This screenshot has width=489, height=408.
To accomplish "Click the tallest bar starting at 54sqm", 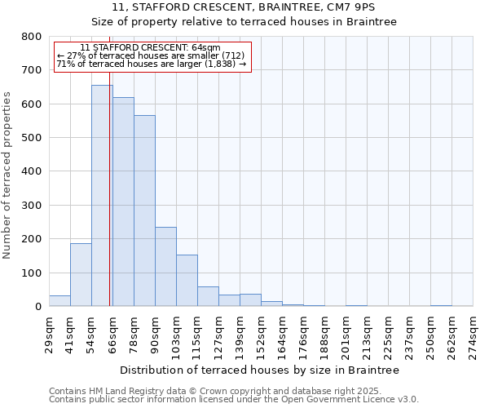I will pos(102,196).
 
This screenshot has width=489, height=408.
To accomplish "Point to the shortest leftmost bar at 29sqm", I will pos(59,300).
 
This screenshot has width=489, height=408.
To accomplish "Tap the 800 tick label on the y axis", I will pos(32,37).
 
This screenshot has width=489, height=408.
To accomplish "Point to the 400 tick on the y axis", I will pos(32,171).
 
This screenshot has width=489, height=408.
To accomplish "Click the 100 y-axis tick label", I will pos(32,273).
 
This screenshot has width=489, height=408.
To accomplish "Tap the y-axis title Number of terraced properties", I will pos(7,175).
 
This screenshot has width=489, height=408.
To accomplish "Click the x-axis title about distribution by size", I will pos(258,370).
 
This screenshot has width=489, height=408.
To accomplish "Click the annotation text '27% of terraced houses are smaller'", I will pos(150,55).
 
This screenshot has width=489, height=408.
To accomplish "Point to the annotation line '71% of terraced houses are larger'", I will pos(151,64).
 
